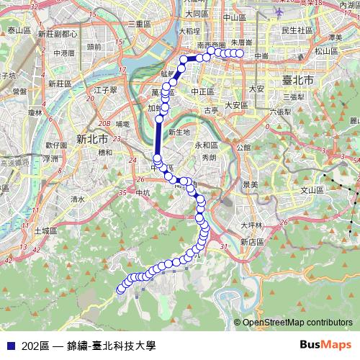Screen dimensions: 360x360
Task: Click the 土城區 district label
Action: tap(45, 230)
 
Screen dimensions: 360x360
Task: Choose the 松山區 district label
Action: tap(325, 51)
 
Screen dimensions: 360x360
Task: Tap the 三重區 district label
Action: tap(138, 24)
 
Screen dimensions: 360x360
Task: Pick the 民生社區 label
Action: tap(297, 30)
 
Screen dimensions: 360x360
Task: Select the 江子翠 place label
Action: tap(105, 90)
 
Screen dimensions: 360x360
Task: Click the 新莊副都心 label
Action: tap(58, 34)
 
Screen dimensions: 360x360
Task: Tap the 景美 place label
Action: tap(250, 185)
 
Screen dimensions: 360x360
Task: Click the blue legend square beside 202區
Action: tap(10, 346)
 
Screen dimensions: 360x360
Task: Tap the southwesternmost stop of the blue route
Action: tap(120, 290)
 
